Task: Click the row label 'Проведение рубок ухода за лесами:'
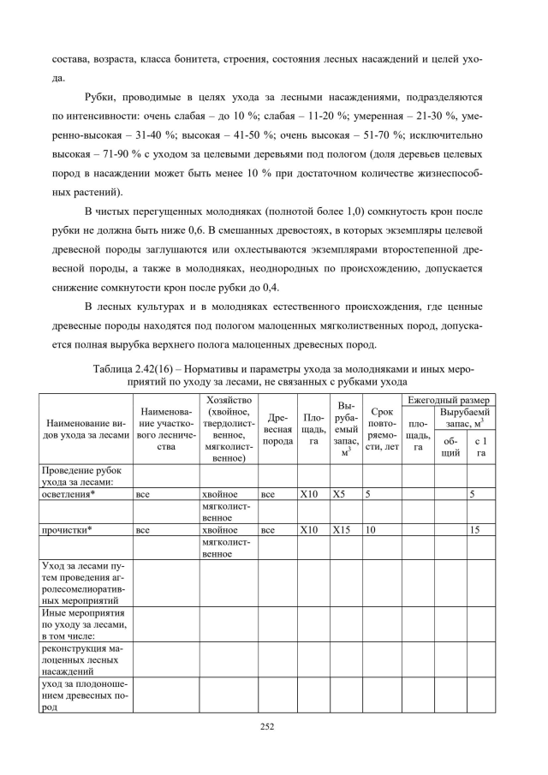tap(82, 475)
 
